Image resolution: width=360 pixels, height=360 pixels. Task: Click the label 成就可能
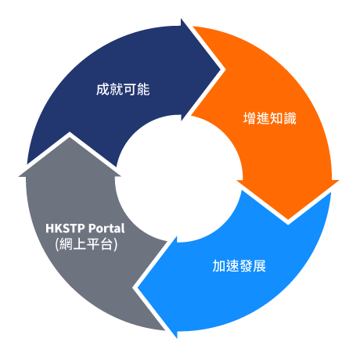click(123, 89)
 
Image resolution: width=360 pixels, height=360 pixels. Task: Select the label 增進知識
click(270, 118)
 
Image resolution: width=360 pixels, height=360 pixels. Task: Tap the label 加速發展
click(239, 266)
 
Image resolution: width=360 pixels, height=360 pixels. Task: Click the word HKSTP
click(65, 229)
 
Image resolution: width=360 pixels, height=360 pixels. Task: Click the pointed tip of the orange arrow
click(288, 220)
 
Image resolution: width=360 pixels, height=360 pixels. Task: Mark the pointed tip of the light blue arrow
click(138, 287)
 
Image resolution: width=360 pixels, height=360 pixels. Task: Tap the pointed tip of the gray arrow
click(70, 137)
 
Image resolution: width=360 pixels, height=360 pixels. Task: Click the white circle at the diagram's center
click(179, 178)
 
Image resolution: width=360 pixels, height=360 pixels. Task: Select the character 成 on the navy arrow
click(103, 89)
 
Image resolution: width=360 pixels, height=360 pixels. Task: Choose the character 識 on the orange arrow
click(290, 118)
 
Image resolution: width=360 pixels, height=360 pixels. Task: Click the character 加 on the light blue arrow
click(219, 266)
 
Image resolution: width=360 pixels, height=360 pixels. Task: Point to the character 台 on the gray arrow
click(106, 244)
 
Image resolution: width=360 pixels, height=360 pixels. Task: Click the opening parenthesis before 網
click(57, 244)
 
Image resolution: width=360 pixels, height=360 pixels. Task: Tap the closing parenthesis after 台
click(116, 244)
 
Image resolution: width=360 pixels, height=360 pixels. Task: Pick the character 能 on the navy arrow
click(143, 89)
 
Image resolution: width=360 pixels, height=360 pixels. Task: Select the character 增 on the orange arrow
click(250, 118)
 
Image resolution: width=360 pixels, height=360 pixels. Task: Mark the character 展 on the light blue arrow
click(260, 266)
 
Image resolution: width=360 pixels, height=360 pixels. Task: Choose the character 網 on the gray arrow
click(66, 244)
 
